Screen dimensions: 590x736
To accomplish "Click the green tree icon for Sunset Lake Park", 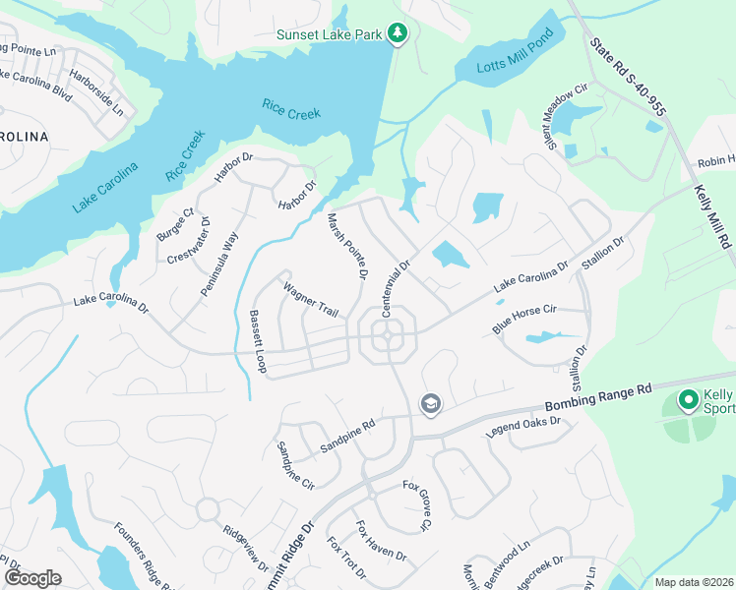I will [397, 34].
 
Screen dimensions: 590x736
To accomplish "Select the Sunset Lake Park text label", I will [330, 34].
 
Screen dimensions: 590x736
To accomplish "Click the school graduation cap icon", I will [430, 403].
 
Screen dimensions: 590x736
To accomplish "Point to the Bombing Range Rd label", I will [598, 397].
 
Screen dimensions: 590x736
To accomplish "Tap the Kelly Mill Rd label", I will [712, 215].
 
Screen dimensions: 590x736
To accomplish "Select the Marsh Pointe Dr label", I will [346, 246].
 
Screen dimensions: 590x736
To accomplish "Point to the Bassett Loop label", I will [258, 341].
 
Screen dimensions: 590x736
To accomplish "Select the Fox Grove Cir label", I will [417, 505].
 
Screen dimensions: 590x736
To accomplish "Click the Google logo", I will [33, 577].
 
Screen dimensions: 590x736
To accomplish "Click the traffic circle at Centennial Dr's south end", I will [387, 337].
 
